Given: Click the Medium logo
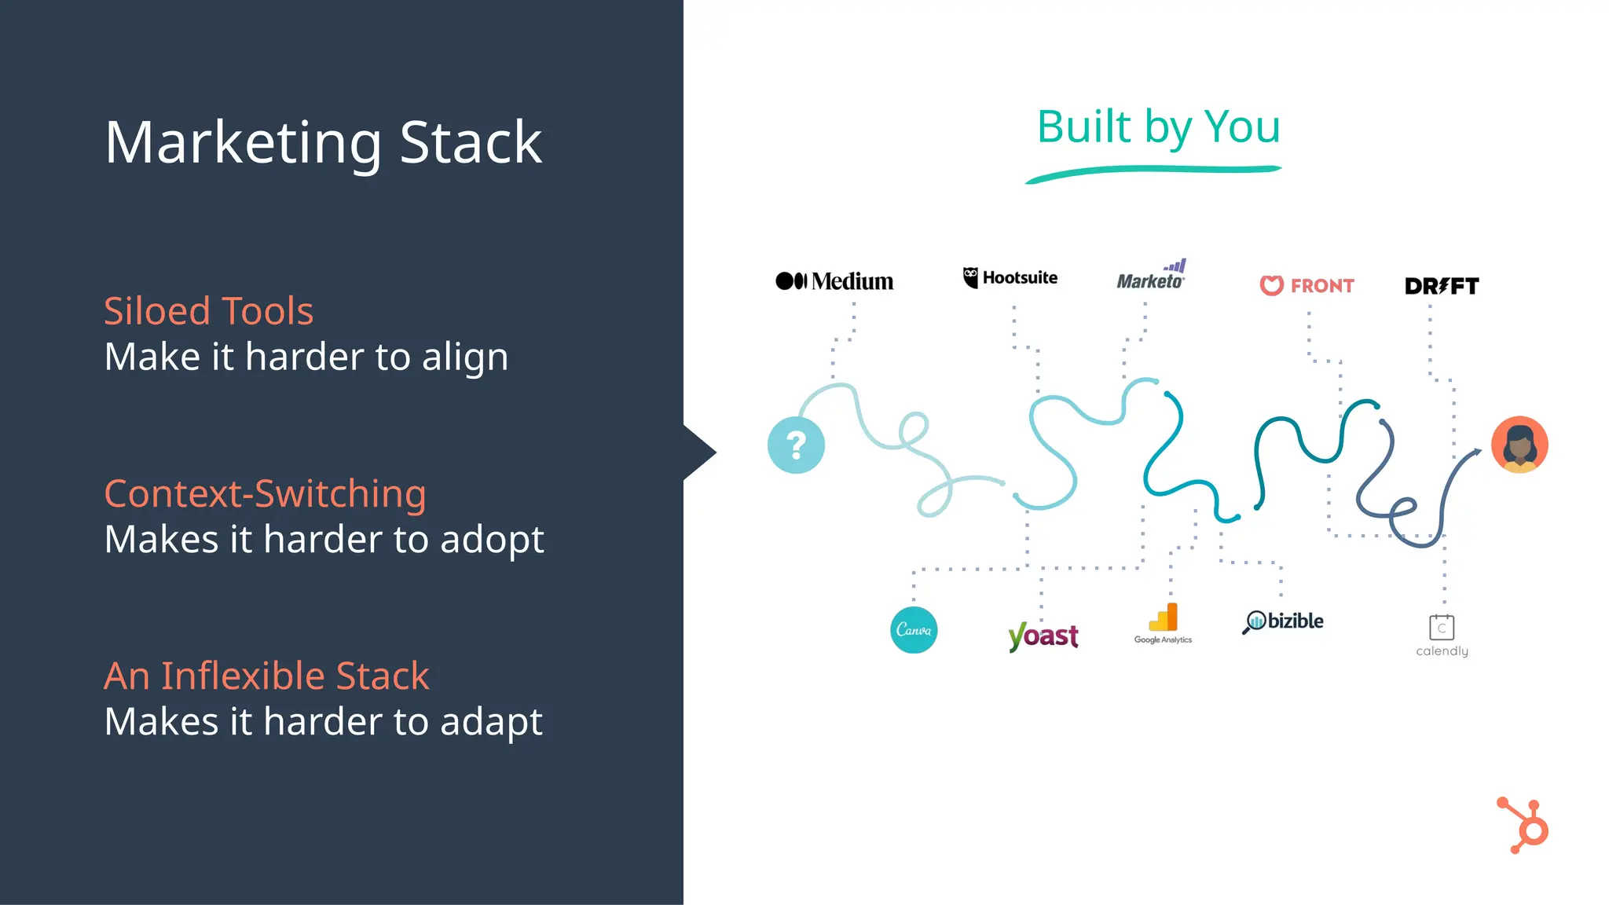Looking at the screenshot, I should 834,281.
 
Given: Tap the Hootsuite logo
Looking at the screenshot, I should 1010,277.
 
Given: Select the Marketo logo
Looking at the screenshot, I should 1151,277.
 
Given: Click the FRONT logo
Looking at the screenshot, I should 1307,285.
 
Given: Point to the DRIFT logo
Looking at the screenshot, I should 1442,286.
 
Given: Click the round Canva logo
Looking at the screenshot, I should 914,630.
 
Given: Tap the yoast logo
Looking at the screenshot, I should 1043,636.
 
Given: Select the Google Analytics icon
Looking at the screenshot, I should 1164,619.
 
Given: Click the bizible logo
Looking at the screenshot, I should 1283,621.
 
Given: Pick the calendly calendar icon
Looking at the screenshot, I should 1442,628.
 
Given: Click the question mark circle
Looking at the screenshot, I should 796,445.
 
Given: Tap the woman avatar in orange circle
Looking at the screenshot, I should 1519,445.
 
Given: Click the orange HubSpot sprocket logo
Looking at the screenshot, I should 1524,826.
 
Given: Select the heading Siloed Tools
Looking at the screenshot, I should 208,311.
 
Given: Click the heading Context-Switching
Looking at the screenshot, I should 265,494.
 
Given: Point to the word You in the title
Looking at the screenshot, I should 1242,126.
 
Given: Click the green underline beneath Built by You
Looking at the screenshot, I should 1153,170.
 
